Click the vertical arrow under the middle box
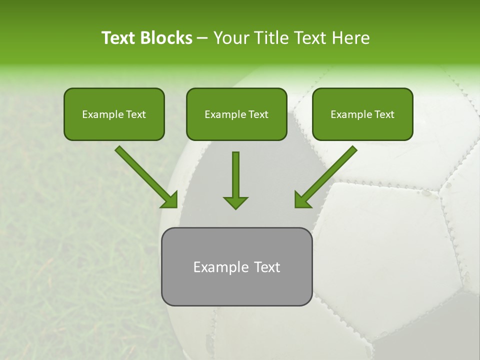[235, 175]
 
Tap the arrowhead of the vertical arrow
[235, 202]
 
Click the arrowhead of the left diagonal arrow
[169, 199]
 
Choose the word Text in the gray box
[267, 267]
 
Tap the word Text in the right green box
[384, 114]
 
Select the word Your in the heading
[229, 38]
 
